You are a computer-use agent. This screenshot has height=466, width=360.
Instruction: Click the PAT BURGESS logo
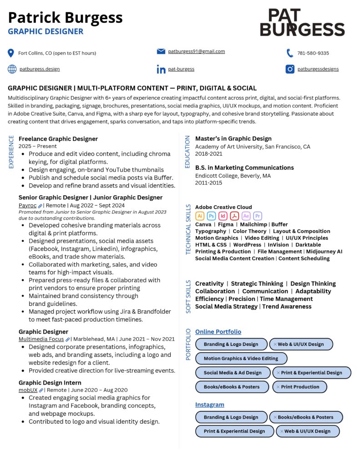pos(302,23)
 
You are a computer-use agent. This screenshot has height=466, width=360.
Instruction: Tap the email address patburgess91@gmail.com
pos(196,51)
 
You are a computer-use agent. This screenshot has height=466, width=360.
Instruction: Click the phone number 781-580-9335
pos(313,53)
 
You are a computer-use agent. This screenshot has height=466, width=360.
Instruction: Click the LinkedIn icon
pos(161,69)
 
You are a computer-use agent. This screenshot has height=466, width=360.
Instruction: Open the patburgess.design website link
pos(40,69)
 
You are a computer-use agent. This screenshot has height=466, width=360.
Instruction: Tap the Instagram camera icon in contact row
pos(290,69)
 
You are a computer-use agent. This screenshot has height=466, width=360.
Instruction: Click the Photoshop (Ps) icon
pos(211,216)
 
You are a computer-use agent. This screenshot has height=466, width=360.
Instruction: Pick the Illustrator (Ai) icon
pos(200,216)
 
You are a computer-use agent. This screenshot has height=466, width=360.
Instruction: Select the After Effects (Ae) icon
pos(246,216)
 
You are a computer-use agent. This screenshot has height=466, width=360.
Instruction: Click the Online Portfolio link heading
pos(218,332)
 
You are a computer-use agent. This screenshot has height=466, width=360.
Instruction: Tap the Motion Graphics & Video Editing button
pos(241,358)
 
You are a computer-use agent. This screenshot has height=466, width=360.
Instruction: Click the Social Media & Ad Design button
pos(233,373)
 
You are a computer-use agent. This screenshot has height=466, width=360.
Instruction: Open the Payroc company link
pos(27,205)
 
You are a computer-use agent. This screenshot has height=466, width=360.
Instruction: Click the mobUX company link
pos(28,390)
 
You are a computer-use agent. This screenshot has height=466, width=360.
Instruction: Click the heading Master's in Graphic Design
pos(233,138)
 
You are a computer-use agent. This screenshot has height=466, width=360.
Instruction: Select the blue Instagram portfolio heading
pos(209,405)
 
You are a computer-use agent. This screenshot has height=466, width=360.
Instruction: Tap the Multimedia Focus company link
pos(41,339)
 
